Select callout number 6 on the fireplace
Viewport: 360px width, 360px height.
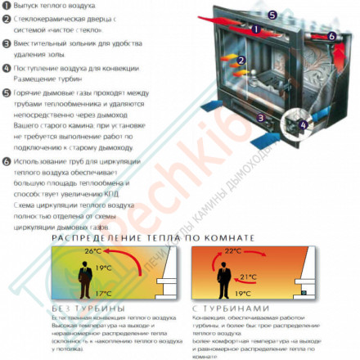click(x=331, y=36)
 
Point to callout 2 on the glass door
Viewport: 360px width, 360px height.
click(x=241, y=61)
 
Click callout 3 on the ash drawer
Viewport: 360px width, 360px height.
click(x=260, y=118)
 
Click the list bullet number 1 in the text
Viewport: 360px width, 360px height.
click(x=6, y=7)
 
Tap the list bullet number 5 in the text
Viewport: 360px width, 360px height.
click(x=6, y=94)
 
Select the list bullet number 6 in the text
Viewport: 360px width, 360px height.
click(x=6, y=162)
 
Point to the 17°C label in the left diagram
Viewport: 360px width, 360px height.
click(x=102, y=293)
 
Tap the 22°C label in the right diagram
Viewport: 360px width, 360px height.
click(x=233, y=251)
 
